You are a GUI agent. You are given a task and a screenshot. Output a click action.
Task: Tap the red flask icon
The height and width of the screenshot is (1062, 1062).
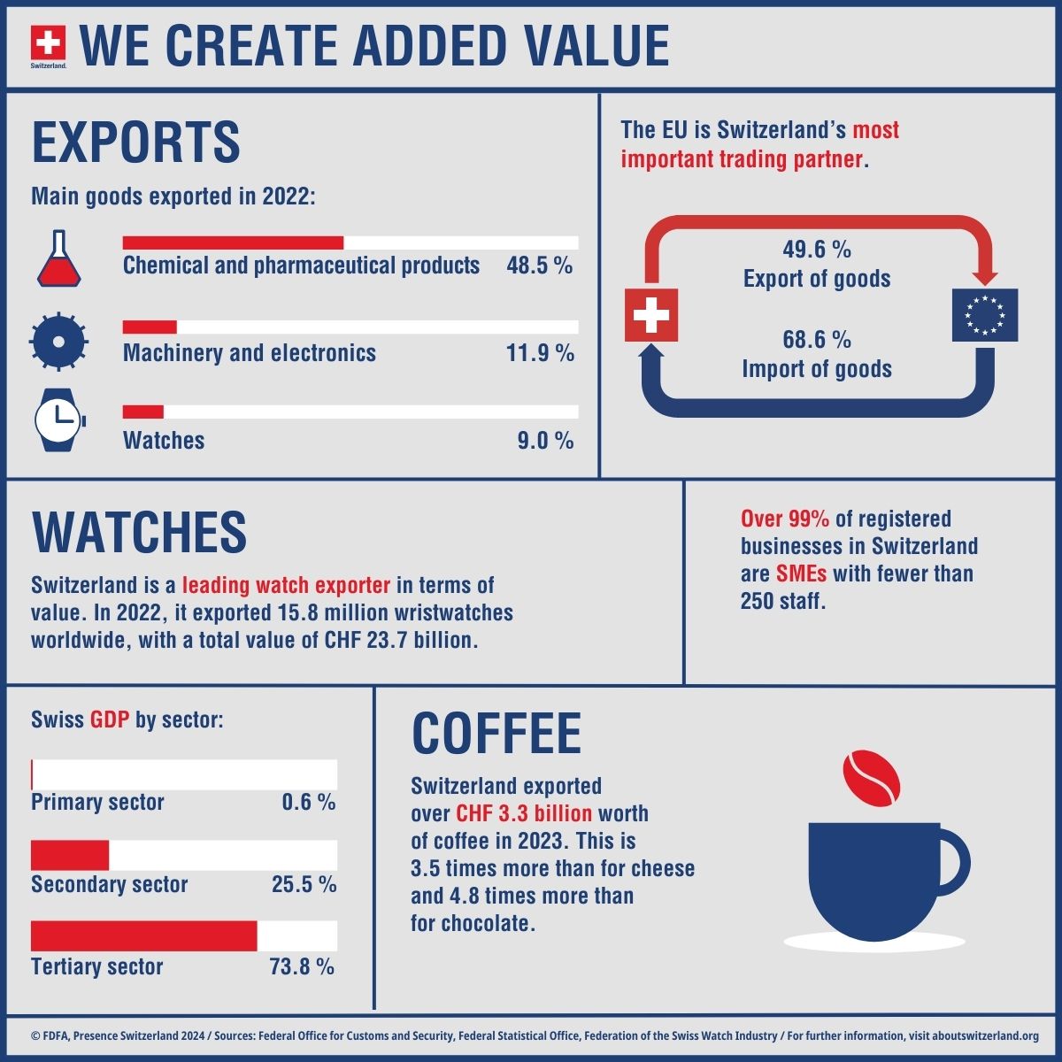(59, 259)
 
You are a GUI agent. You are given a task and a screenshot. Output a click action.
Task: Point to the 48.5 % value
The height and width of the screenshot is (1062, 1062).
(539, 265)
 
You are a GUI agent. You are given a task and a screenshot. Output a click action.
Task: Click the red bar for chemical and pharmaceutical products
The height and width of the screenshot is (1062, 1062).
(233, 243)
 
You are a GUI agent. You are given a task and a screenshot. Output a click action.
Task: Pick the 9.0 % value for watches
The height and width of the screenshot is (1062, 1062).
(545, 441)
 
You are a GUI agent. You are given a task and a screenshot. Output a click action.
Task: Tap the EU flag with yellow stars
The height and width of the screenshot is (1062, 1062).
(984, 315)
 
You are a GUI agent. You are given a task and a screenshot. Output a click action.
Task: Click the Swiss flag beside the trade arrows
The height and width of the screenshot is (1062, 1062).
(651, 315)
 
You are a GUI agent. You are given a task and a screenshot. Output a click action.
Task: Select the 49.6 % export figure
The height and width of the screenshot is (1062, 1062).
(816, 250)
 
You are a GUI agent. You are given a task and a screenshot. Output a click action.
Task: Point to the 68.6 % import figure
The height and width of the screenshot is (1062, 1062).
(816, 340)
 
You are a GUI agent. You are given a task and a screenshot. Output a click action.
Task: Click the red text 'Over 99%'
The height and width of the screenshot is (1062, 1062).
(784, 519)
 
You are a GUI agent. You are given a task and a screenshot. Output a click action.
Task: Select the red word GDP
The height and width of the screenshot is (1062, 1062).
(110, 720)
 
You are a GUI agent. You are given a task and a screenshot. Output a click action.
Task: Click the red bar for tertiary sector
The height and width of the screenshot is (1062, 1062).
(143, 936)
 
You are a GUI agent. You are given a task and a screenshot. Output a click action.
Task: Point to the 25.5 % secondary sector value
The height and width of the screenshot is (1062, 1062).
(304, 884)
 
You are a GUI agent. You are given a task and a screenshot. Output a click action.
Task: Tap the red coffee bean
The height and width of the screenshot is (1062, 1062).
(871, 779)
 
